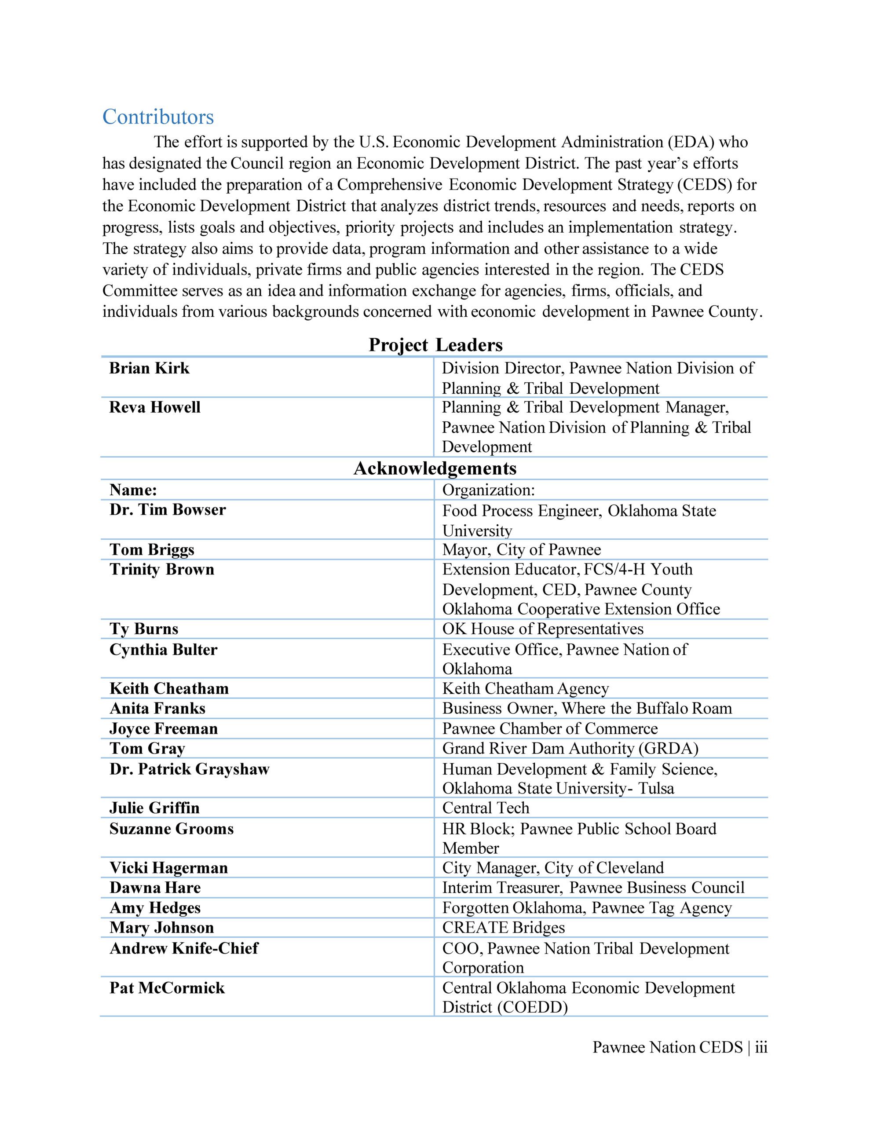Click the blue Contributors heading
click(158, 117)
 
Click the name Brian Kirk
click(149, 368)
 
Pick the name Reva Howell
click(155, 407)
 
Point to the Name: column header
click(133, 490)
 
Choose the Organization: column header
click(488, 490)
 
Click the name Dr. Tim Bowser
click(168, 510)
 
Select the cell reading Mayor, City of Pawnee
click(521, 550)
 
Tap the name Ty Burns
click(144, 629)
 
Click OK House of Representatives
click(542, 629)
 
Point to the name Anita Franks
click(157, 709)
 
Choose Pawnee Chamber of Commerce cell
click(550, 728)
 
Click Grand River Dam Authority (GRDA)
click(570, 749)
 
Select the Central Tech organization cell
click(486, 808)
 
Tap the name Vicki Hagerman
click(168, 868)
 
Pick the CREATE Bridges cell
click(503, 928)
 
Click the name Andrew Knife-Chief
click(183, 948)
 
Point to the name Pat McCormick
click(167, 988)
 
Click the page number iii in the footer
click(761, 1047)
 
